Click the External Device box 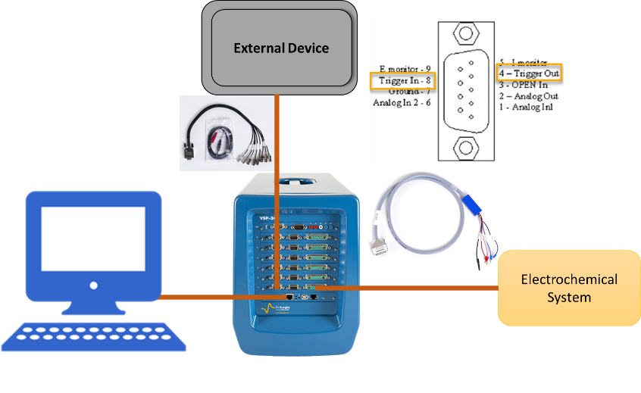281,48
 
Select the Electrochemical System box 569,289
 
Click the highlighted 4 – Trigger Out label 529,73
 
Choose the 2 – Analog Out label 529,97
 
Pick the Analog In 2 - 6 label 402,103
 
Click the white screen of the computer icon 92,238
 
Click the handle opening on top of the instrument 299,182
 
